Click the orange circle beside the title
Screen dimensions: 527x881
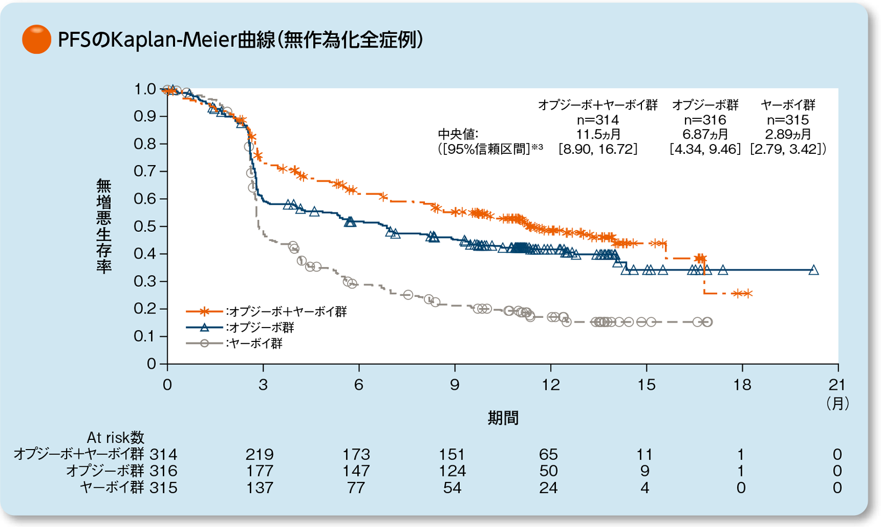(x=37, y=39)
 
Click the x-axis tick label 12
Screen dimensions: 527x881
(x=551, y=385)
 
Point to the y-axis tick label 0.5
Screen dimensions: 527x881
(x=145, y=226)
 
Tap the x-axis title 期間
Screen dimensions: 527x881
(x=503, y=418)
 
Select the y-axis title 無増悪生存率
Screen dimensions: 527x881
(x=104, y=226)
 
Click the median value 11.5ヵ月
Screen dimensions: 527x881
(x=598, y=134)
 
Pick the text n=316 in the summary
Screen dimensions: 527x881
(x=705, y=120)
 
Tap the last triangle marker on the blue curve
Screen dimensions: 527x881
(x=813, y=270)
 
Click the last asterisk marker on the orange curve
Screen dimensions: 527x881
(x=747, y=294)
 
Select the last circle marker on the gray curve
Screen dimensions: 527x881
(x=707, y=322)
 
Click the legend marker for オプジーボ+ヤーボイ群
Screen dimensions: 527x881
(x=204, y=311)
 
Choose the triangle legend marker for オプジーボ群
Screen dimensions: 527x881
(x=204, y=327)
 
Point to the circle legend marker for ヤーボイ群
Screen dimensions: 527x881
(x=204, y=344)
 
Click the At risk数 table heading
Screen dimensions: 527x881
(x=115, y=438)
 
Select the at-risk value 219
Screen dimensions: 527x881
(x=259, y=455)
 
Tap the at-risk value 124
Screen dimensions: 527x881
(x=452, y=472)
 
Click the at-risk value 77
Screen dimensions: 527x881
(x=356, y=488)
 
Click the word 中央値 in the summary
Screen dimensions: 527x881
(x=458, y=134)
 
